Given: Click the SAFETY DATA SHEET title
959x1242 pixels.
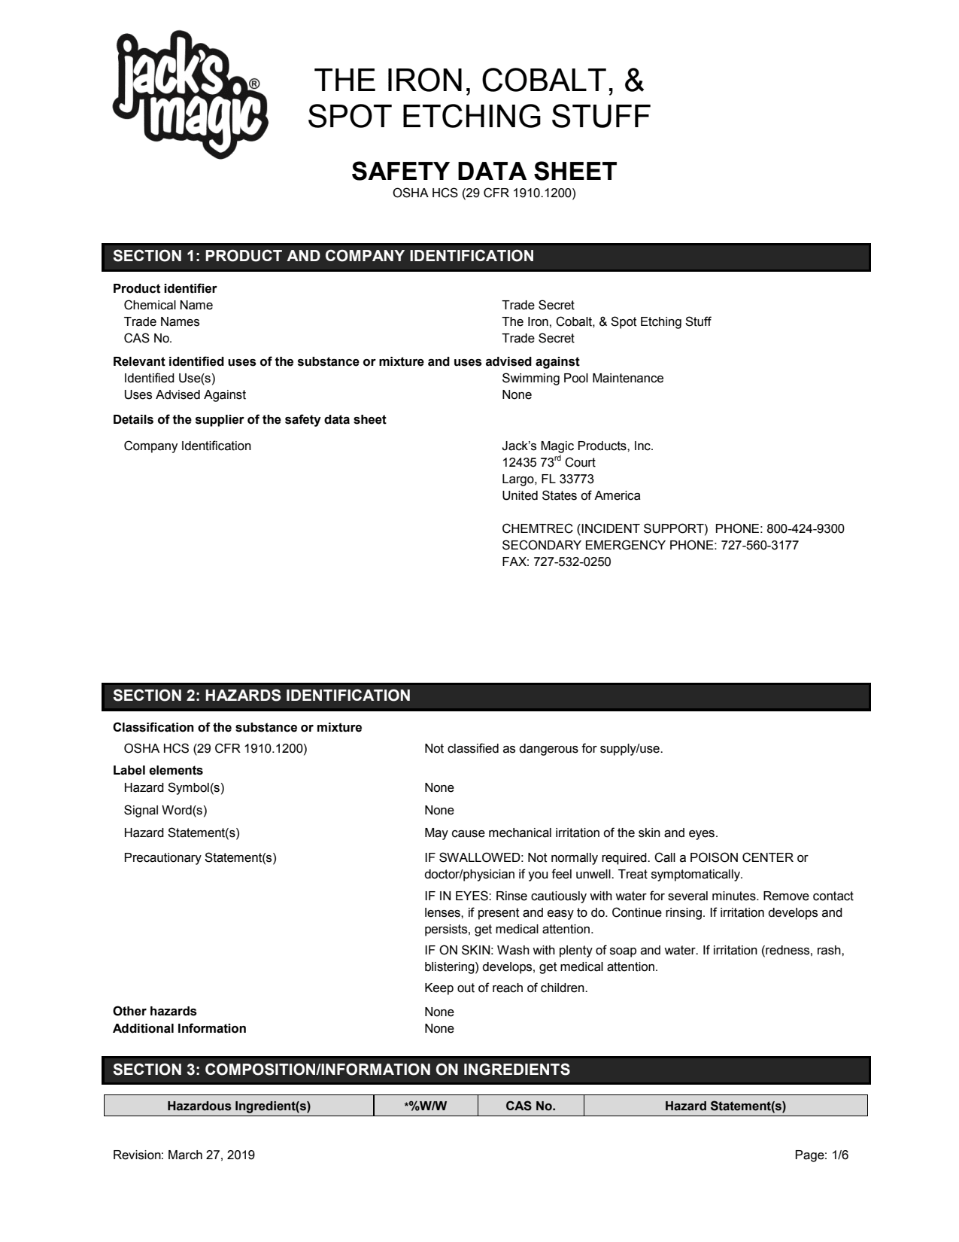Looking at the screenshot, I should click(x=484, y=172).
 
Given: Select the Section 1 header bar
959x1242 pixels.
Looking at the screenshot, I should click(x=486, y=257).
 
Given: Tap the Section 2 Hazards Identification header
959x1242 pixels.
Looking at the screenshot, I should click(x=486, y=696).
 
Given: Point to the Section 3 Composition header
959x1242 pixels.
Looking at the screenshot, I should click(x=486, y=1070).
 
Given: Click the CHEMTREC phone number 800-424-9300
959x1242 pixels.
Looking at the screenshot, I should click(x=805, y=529).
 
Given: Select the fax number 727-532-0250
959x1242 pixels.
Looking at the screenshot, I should click(x=572, y=562).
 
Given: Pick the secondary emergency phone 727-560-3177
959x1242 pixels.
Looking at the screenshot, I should click(x=760, y=546).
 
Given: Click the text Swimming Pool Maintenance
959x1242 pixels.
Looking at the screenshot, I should click(x=582, y=379).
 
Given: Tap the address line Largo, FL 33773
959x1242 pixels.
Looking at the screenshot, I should click(x=548, y=479).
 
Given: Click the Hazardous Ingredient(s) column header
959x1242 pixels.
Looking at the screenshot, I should click(x=238, y=1106).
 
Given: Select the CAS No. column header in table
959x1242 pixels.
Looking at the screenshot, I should click(x=530, y=1106).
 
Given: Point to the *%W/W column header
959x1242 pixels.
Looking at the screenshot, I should click(x=426, y=1106).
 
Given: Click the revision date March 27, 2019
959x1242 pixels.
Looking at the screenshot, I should click(x=211, y=1155).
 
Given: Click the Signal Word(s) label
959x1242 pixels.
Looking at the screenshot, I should click(x=165, y=811).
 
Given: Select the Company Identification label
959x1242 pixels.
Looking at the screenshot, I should click(x=187, y=446).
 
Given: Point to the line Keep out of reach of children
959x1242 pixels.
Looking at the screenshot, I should click(x=505, y=988).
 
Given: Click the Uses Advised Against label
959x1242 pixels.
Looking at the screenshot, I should click(x=184, y=395).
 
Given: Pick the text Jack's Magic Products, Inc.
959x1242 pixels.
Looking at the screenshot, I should click(x=577, y=446).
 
